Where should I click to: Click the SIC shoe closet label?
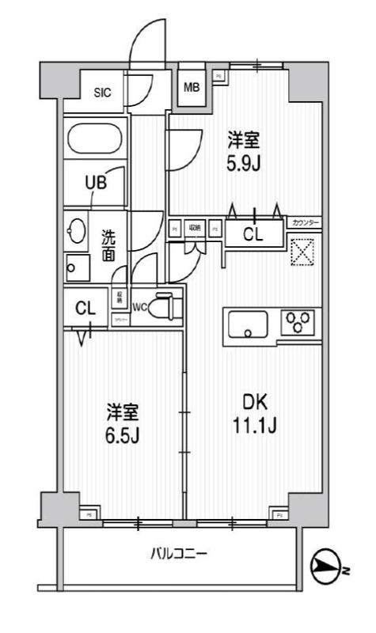103,93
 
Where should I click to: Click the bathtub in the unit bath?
96,139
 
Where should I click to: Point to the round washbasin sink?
78,230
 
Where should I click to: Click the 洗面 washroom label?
109,244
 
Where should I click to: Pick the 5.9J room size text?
244,161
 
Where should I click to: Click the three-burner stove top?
299,322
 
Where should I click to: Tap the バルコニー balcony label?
179,554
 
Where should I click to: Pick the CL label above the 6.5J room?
85,309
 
